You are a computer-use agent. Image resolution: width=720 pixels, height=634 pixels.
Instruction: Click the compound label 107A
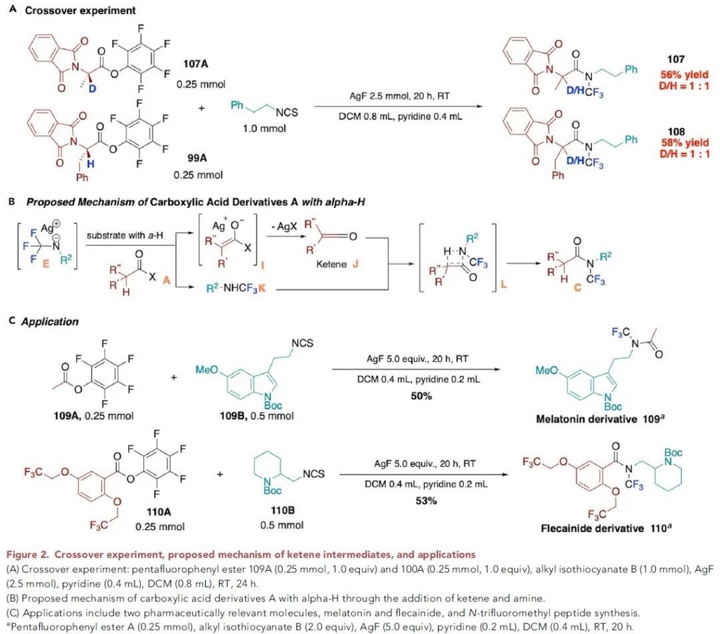point(198,65)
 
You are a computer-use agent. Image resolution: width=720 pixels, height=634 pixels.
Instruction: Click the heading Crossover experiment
point(80,11)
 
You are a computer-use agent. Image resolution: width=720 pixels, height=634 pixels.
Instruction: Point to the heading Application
point(50,321)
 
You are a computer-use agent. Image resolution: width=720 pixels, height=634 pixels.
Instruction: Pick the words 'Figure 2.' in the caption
point(24,555)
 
